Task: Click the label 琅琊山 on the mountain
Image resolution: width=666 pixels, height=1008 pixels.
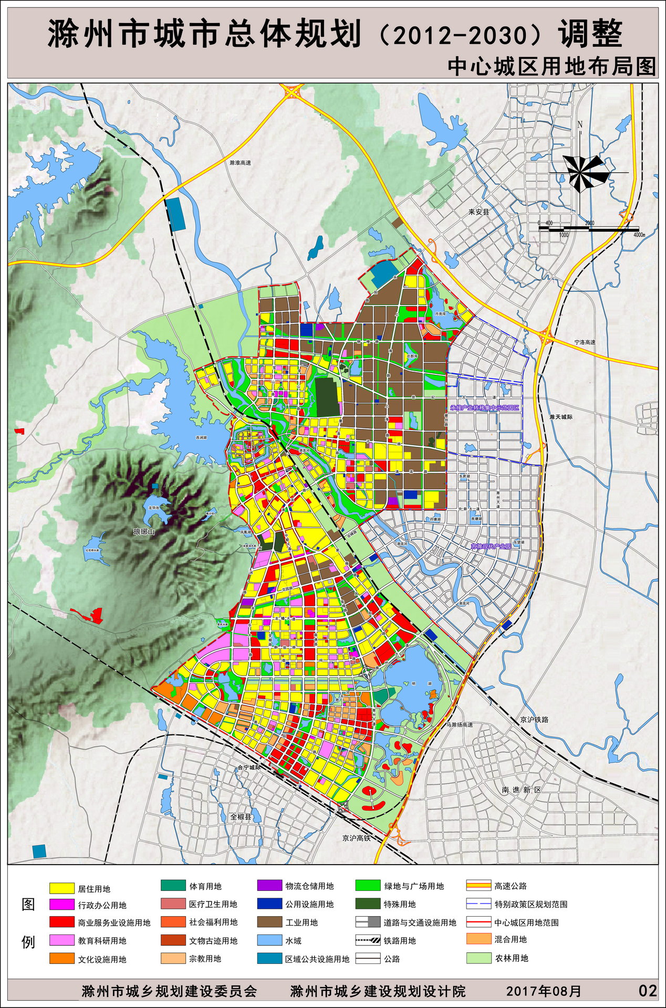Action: pyautogui.click(x=144, y=532)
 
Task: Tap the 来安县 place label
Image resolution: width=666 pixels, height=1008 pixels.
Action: pyautogui.click(x=478, y=212)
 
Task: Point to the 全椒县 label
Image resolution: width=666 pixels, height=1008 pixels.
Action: pyautogui.click(x=241, y=817)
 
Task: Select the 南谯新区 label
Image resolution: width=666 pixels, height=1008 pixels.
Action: pyautogui.click(x=521, y=790)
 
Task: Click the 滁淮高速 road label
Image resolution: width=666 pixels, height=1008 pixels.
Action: pyautogui.click(x=240, y=163)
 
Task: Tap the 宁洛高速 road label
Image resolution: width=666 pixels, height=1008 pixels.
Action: pyautogui.click(x=585, y=342)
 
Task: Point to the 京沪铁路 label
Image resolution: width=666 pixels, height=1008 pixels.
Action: pyautogui.click(x=534, y=720)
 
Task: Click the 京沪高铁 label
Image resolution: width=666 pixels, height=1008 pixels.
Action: pyautogui.click(x=356, y=838)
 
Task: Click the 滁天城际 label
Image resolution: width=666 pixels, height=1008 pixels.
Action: pyautogui.click(x=561, y=417)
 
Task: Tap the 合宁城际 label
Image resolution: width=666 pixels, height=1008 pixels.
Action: pyautogui.click(x=249, y=767)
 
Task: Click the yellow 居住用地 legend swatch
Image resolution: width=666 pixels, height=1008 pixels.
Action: pyautogui.click(x=62, y=888)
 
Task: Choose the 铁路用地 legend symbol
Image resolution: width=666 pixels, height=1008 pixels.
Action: pyautogui.click(x=368, y=941)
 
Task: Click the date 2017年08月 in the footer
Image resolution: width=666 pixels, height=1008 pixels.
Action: pyautogui.click(x=544, y=991)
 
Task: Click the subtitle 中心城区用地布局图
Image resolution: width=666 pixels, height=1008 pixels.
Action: pyautogui.click(x=551, y=67)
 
